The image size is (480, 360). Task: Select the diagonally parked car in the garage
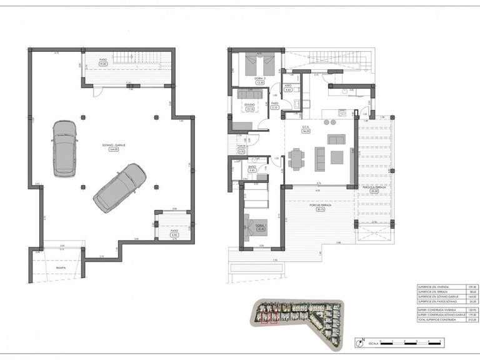pos(120,187)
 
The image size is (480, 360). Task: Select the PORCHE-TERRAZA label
pos(319,204)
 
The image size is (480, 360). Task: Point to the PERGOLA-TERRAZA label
pos(374,187)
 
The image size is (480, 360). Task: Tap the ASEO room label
pos(288,86)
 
